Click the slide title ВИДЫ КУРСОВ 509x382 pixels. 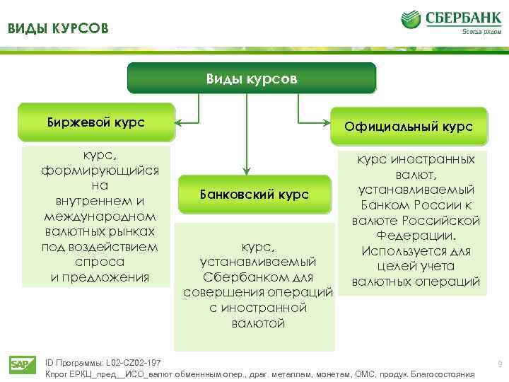click(59, 29)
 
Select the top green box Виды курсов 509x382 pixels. click(251, 79)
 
